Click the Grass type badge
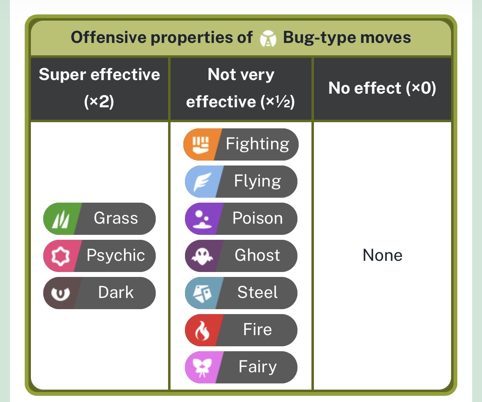click(x=99, y=218)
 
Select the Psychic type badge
click(x=99, y=255)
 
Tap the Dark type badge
click(x=99, y=293)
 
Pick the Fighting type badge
click(x=241, y=144)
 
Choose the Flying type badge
click(x=241, y=182)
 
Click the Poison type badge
click(x=241, y=218)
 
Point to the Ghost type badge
click(x=241, y=255)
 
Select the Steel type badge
click(x=241, y=293)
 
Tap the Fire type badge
click(x=241, y=330)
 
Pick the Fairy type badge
click(x=241, y=367)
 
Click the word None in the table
click(x=382, y=255)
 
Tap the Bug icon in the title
click(x=268, y=38)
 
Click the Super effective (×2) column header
click(x=99, y=88)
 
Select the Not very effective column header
click(x=241, y=88)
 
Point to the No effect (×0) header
click(x=382, y=88)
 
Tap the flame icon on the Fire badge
click(x=202, y=331)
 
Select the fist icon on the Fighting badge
click(x=201, y=144)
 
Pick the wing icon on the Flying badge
click(x=202, y=182)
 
